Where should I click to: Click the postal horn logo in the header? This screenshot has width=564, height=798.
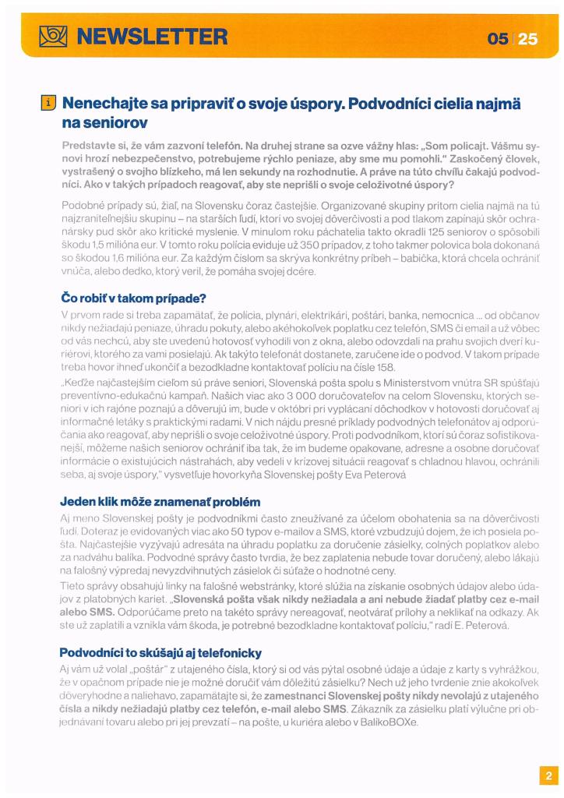coord(55,36)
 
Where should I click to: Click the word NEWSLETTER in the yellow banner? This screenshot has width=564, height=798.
coord(152,36)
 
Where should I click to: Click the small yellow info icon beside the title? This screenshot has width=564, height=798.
coord(48,103)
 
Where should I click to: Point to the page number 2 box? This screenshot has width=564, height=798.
coord(548,775)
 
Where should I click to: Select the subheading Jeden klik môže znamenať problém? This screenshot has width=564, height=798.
coord(160,501)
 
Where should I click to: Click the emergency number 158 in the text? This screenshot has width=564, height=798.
coord(386,368)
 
